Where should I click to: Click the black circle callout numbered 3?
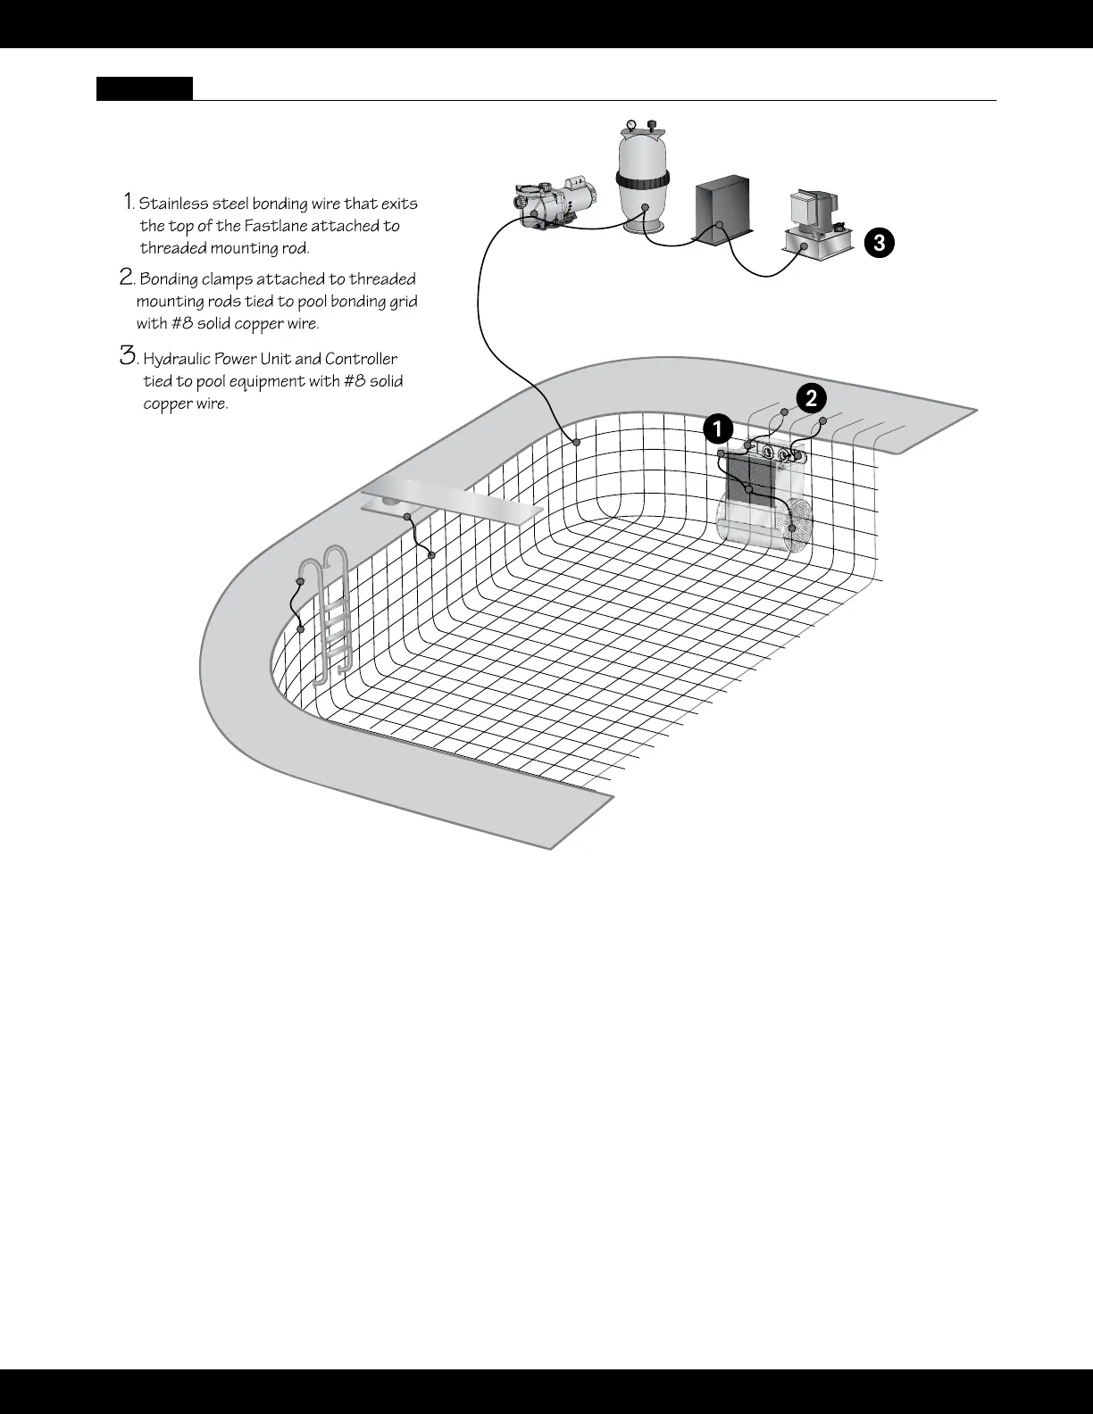point(880,242)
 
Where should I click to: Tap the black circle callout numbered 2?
point(811,399)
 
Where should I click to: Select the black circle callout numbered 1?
point(717,429)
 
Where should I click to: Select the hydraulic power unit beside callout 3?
point(815,228)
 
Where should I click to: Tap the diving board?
point(453,501)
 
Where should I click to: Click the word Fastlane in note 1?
point(275,226)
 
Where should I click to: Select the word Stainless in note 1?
point(174,204)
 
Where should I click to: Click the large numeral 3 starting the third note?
point(128,356)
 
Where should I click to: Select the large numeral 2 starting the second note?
point(127,277)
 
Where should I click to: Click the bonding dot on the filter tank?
point(646,207)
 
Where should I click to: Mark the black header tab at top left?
point(145,88)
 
